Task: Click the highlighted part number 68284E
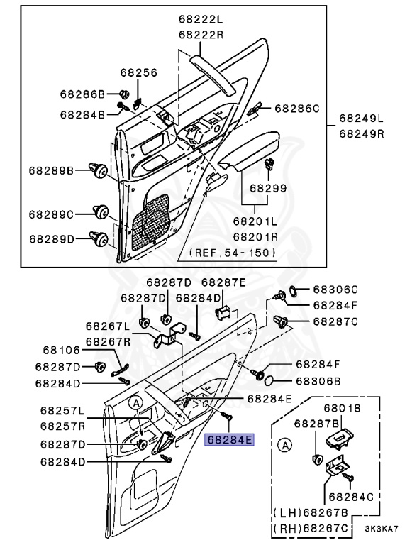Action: (229, 440)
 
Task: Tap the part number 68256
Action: (138, 72)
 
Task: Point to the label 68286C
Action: (297, 108)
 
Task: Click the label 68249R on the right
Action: (360, 133)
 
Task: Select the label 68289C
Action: (52, 213)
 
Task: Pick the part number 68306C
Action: (335, 290)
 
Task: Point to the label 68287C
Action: (335, 321)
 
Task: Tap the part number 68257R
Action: (62, 426)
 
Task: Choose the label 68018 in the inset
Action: (343, 408)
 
